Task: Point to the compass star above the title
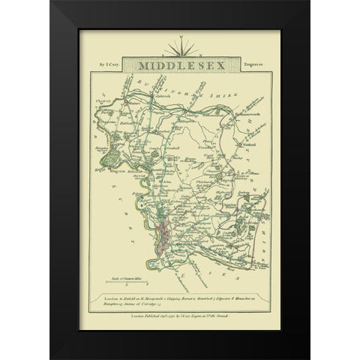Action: pos(180,49)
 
